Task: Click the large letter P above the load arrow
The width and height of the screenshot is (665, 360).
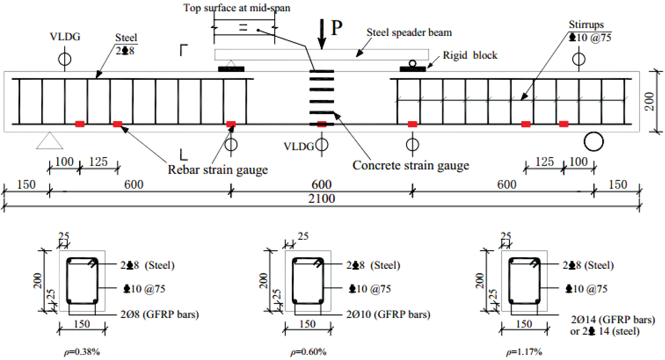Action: tap(336, 27)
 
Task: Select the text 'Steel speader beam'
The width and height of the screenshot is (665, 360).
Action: tap(409, 33)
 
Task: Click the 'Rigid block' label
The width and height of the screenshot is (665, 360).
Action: tap(470, 55)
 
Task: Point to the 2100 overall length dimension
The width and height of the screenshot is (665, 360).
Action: tap(321, 198)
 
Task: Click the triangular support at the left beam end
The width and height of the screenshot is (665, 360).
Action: tap(50, 141)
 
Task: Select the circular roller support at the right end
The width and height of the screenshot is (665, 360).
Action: tap(594, 142)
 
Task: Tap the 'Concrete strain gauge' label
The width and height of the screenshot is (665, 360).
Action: tap(410, 165)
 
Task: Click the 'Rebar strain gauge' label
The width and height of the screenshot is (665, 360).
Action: tap(218, 170)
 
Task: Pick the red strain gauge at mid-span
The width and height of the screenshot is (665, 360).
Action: tap(321, 124)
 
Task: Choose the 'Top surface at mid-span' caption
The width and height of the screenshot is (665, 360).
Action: tap(237, 8)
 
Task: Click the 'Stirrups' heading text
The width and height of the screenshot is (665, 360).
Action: tap(586, 25)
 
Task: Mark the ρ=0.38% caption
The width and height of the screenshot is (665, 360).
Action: tap(82, 352)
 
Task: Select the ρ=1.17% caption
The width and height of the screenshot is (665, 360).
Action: tap(524, 352)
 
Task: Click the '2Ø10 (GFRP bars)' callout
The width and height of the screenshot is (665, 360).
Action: tap(388, 314)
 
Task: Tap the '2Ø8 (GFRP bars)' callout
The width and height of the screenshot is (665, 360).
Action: tap(159, 314)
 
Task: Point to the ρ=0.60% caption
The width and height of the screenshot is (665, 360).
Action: tap(308, 352)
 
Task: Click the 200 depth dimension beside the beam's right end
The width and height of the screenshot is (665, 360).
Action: tap(649, 101)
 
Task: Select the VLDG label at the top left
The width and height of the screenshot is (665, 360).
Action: tap(65, 37)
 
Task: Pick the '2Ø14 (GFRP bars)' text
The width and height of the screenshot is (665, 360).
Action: tap(613, 319)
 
